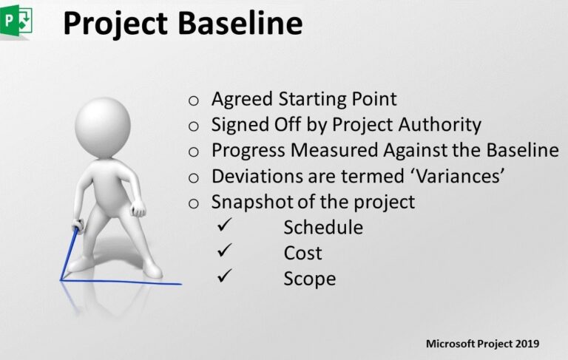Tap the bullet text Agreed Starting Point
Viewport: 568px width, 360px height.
pyautogui.click(x=304, y=99)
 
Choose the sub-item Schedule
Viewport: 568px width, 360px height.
pyautogui.click(x=323, y=228)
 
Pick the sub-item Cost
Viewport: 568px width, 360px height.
pyautogui.click(x=302, y=253)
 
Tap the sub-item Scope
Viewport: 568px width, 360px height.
pyautogui.click(x=309, y=279)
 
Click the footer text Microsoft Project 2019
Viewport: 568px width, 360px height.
pyautogui.click(x=482, y=344)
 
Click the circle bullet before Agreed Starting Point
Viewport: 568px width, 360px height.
pyautogui.click(x=194, y=101)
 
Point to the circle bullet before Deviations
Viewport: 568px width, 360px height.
pyautogui.click(x=194, y=177)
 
